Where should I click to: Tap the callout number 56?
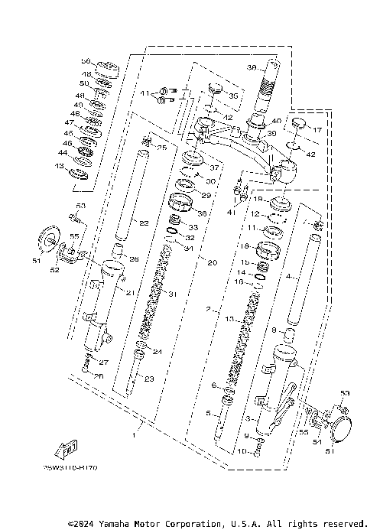86,61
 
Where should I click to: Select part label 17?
319,130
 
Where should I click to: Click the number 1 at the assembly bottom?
134,434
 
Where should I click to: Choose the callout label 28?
97,376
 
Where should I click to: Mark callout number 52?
54,268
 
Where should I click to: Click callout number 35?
234,97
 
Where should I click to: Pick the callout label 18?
245,246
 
